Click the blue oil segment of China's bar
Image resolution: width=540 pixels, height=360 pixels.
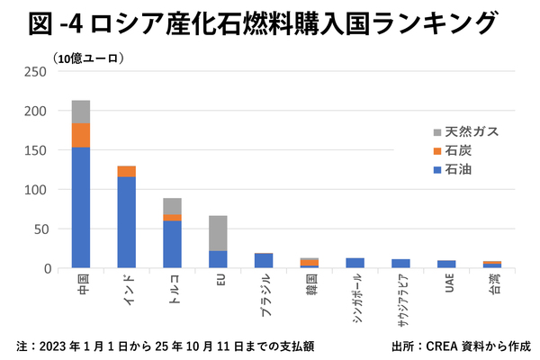point(81,207)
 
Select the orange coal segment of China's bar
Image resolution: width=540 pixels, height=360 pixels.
point(81,135)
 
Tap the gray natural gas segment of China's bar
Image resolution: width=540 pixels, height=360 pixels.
point(81,112)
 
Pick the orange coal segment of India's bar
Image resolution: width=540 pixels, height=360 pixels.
point(126,171)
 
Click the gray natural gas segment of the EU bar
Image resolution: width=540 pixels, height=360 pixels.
point(218,233)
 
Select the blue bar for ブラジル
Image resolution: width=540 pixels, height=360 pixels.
point(264,260)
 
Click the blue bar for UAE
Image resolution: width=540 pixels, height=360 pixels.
point(447,264)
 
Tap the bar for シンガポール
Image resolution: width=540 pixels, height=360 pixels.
point(355,263)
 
